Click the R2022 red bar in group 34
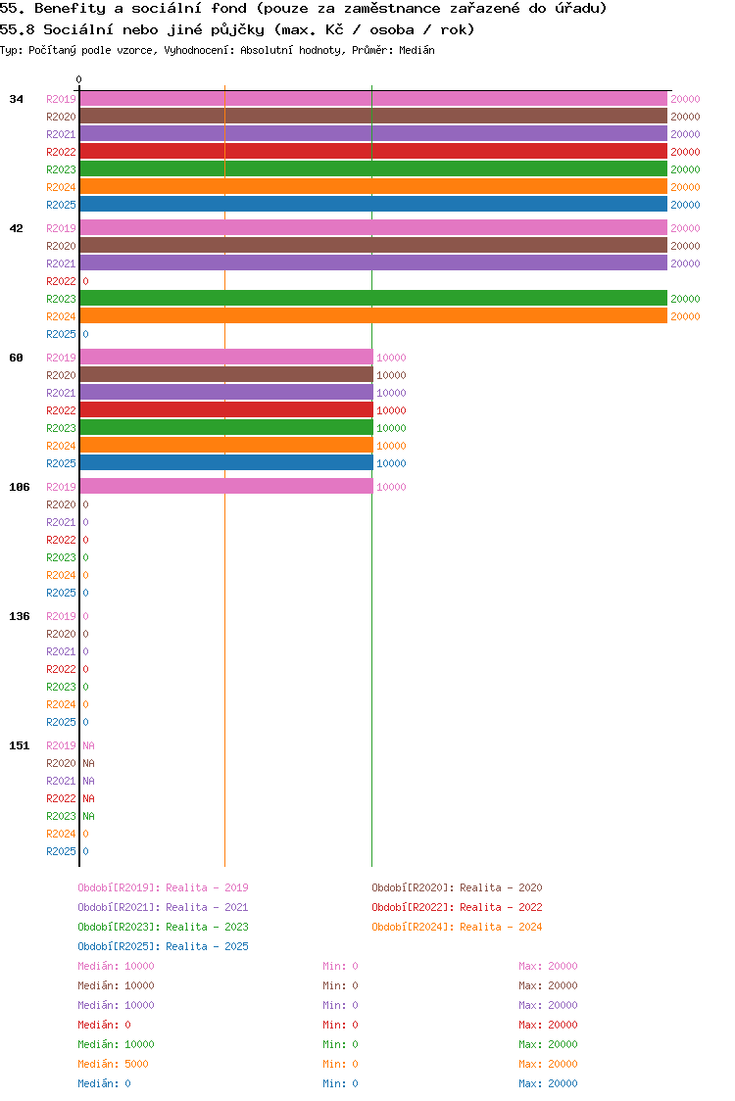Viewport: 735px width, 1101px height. tap(373, 152)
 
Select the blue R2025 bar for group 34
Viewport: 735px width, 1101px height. tap(373, 205)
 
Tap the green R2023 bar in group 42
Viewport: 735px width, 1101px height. tap(373, 299)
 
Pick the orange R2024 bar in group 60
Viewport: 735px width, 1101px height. tap(226, 446)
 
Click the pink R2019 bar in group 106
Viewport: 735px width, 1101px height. tap(226, 487)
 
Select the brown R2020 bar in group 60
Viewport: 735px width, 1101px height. tap(226, 375)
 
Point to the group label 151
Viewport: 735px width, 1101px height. tap(20, 745)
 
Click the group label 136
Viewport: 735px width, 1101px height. tap(20, 616)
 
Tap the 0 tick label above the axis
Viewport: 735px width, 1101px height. tap(79, 80)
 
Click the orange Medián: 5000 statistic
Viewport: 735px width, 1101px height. tap(114, 1064)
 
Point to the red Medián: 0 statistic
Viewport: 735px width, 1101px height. tap(104, 1025)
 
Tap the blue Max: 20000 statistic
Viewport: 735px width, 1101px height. tap(548, 1083)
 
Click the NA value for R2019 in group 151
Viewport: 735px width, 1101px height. tap(88, 745)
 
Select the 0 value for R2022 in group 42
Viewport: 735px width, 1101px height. tap(85, 281)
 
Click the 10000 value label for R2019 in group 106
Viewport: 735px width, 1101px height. tap(391, 487)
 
